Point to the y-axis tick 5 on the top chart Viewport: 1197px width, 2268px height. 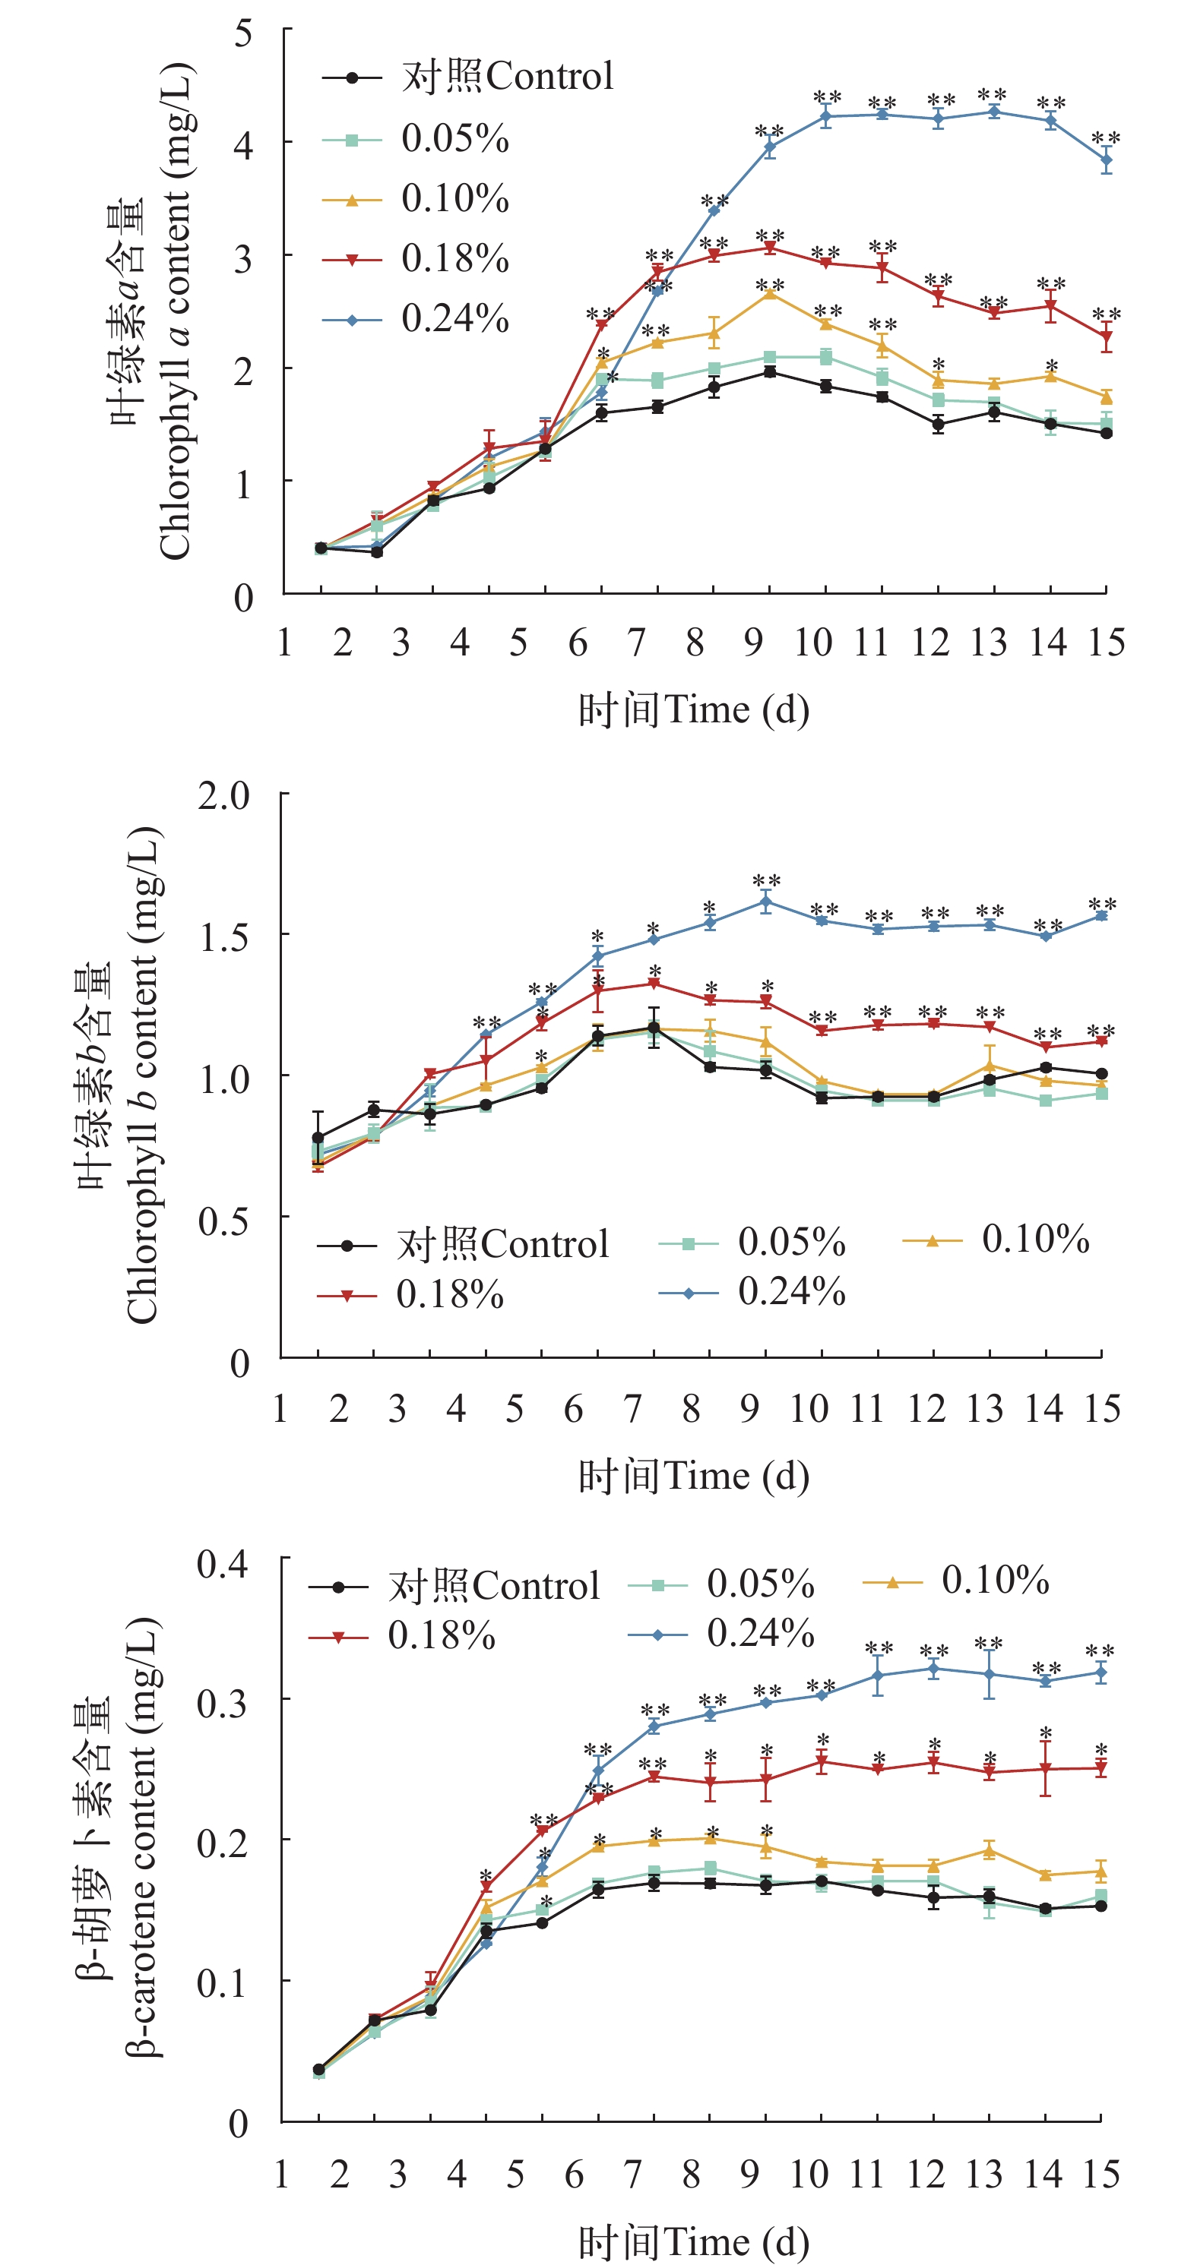243,34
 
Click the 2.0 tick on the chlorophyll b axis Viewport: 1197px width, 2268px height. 223,795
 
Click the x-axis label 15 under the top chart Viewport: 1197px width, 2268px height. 1107,643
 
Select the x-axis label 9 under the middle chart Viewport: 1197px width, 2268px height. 749,1409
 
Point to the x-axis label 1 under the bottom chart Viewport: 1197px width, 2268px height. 282,2175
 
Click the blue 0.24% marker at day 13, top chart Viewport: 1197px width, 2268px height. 994,112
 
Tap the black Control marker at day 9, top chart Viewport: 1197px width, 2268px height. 770,372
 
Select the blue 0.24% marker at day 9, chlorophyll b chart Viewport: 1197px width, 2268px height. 765,902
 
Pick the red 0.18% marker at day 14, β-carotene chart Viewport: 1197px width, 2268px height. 1046,1769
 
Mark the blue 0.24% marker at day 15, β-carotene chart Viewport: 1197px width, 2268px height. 1101,1673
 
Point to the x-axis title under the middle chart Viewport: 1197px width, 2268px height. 693,1477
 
